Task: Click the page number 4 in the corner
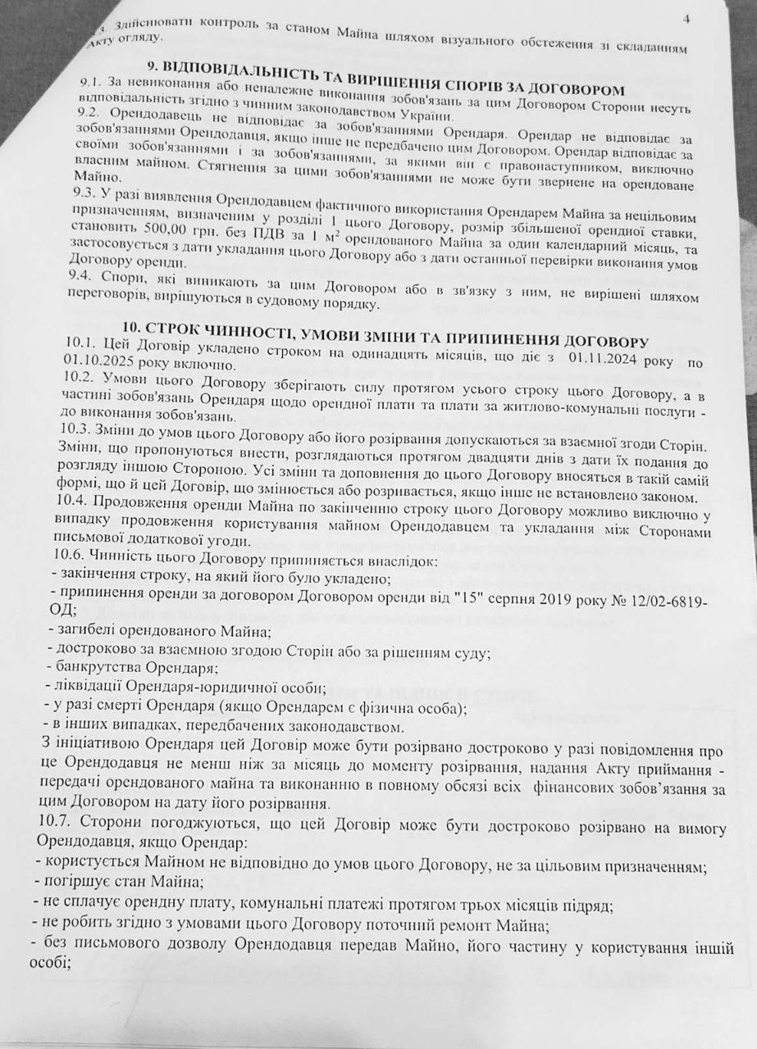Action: (x=686, y=18)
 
